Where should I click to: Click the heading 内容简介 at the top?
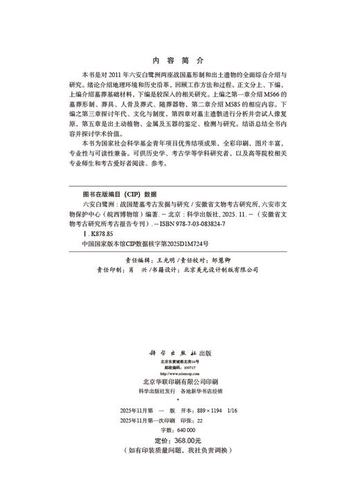[x=179, y=60]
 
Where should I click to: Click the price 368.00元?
[x=186, y=440]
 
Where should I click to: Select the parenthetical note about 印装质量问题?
[x=179, y=451]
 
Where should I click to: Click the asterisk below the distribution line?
[x=179, y=399]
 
